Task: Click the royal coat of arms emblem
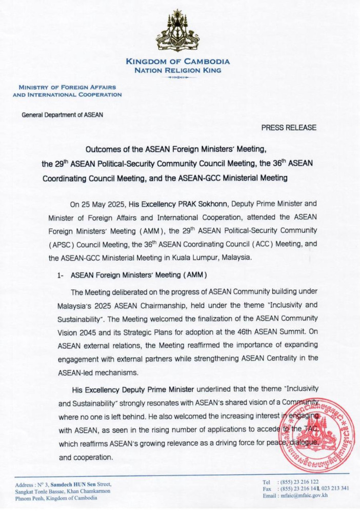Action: [178, 32]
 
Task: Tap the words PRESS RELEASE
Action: [289, 127]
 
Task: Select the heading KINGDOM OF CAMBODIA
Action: [178, 62]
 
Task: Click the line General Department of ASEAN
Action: [62, 115]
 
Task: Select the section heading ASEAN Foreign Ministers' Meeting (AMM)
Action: [138, 275]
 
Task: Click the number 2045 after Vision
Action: [85, 331]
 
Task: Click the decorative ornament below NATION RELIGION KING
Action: [178, 77]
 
